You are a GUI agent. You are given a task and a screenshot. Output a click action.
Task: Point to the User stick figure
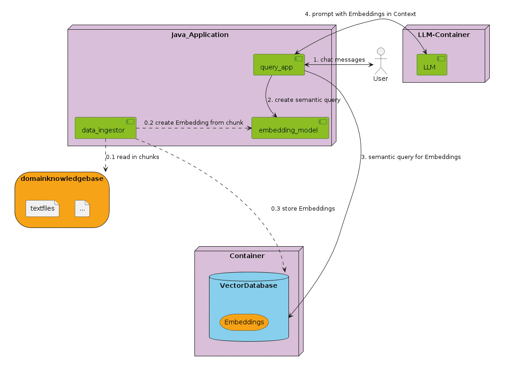point(380,63)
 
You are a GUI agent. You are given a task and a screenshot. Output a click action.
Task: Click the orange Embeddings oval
point(244,322)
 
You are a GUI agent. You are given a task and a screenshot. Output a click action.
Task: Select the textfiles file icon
point(42,208)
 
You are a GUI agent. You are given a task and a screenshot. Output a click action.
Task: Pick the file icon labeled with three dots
point(82,208)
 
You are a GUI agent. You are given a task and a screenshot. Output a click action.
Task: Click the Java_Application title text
point(200,35)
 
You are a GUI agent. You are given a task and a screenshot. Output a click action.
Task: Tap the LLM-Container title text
point(444,35)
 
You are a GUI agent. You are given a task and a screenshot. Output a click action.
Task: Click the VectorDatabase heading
point(248,285)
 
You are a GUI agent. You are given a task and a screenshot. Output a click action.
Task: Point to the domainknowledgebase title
point(62,179)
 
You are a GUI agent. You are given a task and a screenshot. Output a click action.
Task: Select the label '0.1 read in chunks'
point(132,157)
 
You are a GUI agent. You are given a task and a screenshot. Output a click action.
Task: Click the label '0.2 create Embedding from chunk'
point(194,123)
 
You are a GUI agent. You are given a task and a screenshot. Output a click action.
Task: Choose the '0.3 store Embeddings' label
point(303,209)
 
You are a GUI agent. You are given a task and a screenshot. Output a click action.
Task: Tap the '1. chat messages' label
point(339,60)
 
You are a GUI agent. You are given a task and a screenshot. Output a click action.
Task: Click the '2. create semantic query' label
point(304,100)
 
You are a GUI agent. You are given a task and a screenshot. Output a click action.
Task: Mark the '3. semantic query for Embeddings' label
point(411,157)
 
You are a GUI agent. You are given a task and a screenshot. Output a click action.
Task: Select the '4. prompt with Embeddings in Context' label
point(361,14)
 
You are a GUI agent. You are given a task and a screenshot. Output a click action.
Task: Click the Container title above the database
point(247,256)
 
